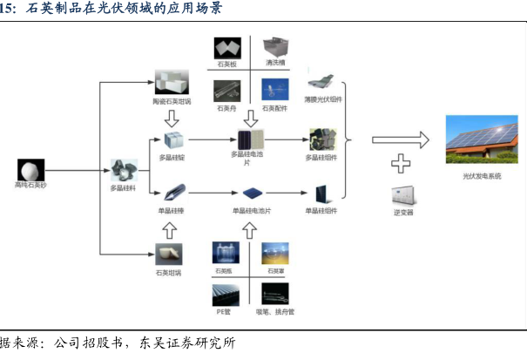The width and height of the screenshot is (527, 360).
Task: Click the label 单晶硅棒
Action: (x=172, y=210)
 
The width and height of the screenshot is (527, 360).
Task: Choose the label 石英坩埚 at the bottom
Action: (x=172, y=272)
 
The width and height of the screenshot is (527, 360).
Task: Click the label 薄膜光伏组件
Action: (x=324, y=100)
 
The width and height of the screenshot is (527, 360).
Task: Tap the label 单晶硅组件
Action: (x=321, y=210)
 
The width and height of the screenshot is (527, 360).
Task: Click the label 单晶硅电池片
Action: (x=252, y=210)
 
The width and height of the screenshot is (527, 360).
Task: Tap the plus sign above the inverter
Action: (x=401, y=163)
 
